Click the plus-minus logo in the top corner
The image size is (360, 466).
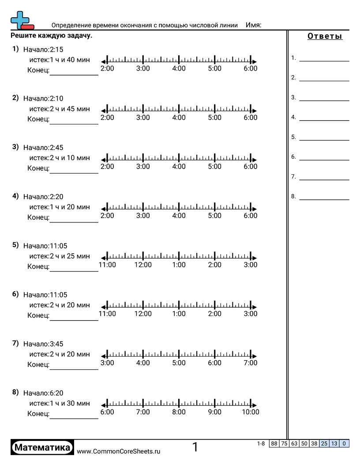(x=21, y=20)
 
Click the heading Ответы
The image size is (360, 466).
(x=325, y=37)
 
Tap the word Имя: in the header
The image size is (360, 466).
(x=253, y=25)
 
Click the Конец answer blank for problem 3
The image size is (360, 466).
(x=74, y=169)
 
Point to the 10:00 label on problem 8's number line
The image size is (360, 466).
(x=250, y=412)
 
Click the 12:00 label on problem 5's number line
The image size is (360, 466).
(x=143, y=265)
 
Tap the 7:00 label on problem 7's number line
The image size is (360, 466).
(x=250, y=363)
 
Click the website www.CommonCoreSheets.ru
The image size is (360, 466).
(x=118, y=451)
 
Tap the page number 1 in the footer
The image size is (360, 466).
(x=195, y=447)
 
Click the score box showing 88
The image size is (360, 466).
(x=274, y=443)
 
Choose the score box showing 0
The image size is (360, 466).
(x=344, y=443)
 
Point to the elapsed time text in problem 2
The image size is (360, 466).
(x=60, y=109)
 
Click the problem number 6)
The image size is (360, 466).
(x=15, y=294)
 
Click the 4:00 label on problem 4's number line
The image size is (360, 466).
(x=179, y=216)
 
